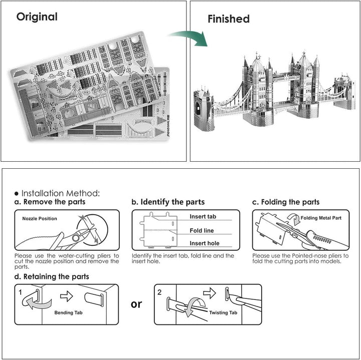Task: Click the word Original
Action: (37, 17)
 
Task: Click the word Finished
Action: (229, 19)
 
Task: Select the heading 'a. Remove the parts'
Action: (50, 202)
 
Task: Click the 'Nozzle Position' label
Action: (40, 219)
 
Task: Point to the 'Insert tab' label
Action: (203, 217)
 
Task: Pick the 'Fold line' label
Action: (202, 231)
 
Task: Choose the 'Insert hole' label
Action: (205, 243)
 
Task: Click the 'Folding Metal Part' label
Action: (321, 218)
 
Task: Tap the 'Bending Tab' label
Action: (68, 312)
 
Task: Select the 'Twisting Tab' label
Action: (223, 312)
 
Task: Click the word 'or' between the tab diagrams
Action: (136, 304)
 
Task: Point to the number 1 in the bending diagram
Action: (20, 292)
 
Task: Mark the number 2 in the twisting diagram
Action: (159, 292)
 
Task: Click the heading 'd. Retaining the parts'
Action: (52, 276)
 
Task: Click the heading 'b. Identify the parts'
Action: (168, 202)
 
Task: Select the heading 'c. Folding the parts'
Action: (286, 202)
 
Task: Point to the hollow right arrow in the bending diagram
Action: (66, 296)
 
